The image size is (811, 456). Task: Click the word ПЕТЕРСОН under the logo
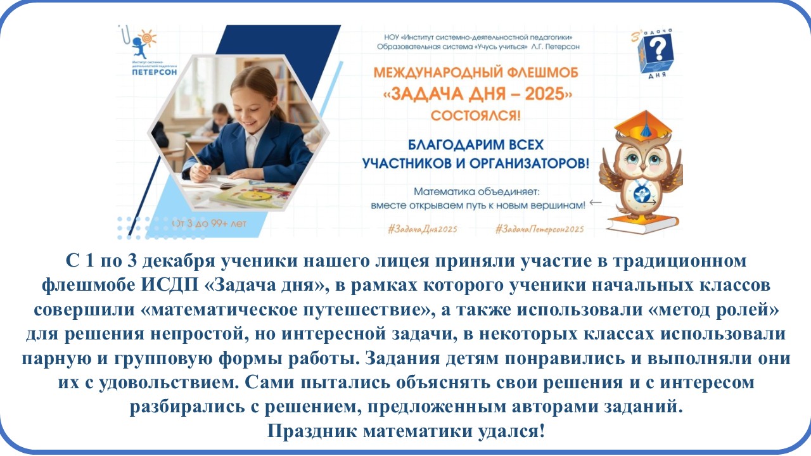pos(155,72)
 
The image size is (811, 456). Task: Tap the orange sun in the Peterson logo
pos(148,37)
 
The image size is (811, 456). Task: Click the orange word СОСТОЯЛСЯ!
pos(476,116)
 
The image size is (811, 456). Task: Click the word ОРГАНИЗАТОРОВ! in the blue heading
pos(529,163)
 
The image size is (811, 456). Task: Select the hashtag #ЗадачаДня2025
pos(423,229)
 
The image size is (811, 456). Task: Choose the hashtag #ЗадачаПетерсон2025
pos(539,229)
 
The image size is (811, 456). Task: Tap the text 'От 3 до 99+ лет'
pos(210,224)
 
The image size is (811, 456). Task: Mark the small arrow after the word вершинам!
pos(596,202)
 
